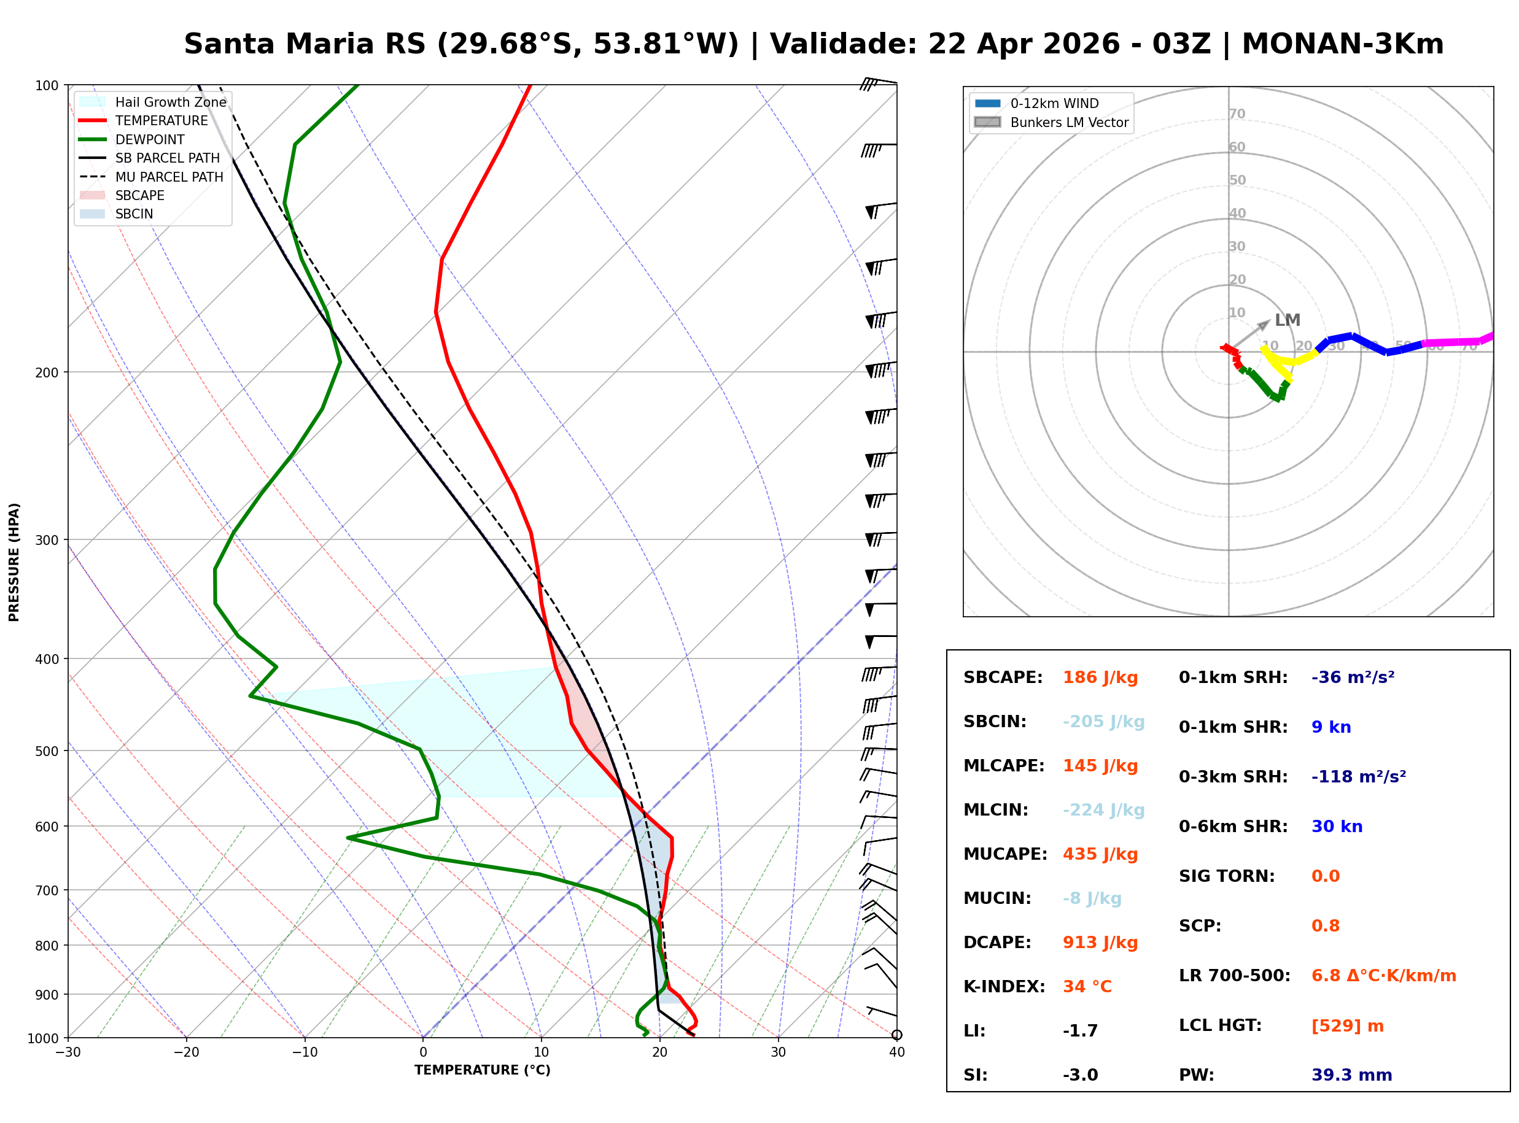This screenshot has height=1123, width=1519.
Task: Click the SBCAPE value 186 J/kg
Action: (x=1100, y=677)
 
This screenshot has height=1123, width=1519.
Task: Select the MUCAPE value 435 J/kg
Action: (x=1100, y=854)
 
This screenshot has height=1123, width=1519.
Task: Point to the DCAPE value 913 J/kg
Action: (x=1100, y=943)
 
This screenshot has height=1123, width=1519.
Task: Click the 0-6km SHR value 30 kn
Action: (x=1336, y=827)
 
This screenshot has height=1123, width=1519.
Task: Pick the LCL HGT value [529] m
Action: (x=1347, y=1026)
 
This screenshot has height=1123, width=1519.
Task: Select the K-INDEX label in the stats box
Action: (x=1004, y=987)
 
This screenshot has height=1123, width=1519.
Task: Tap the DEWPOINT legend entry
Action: (x=150, y=139)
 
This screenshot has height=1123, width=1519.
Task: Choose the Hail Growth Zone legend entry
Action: (x=170, y=102)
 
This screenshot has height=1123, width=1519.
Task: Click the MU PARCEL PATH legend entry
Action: (x=169, y=177)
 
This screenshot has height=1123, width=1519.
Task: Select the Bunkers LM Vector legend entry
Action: (x=1068, y=122)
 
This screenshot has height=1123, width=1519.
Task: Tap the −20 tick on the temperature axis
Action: (x=185, y=1053)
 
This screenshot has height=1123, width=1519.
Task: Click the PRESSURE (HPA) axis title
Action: (x=14, y=562)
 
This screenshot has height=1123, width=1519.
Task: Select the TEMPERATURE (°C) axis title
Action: (x=482, y=1071)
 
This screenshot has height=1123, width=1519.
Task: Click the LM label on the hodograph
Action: (x=1286, y=320)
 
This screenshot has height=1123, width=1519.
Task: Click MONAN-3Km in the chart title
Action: (x=1342, y=44)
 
